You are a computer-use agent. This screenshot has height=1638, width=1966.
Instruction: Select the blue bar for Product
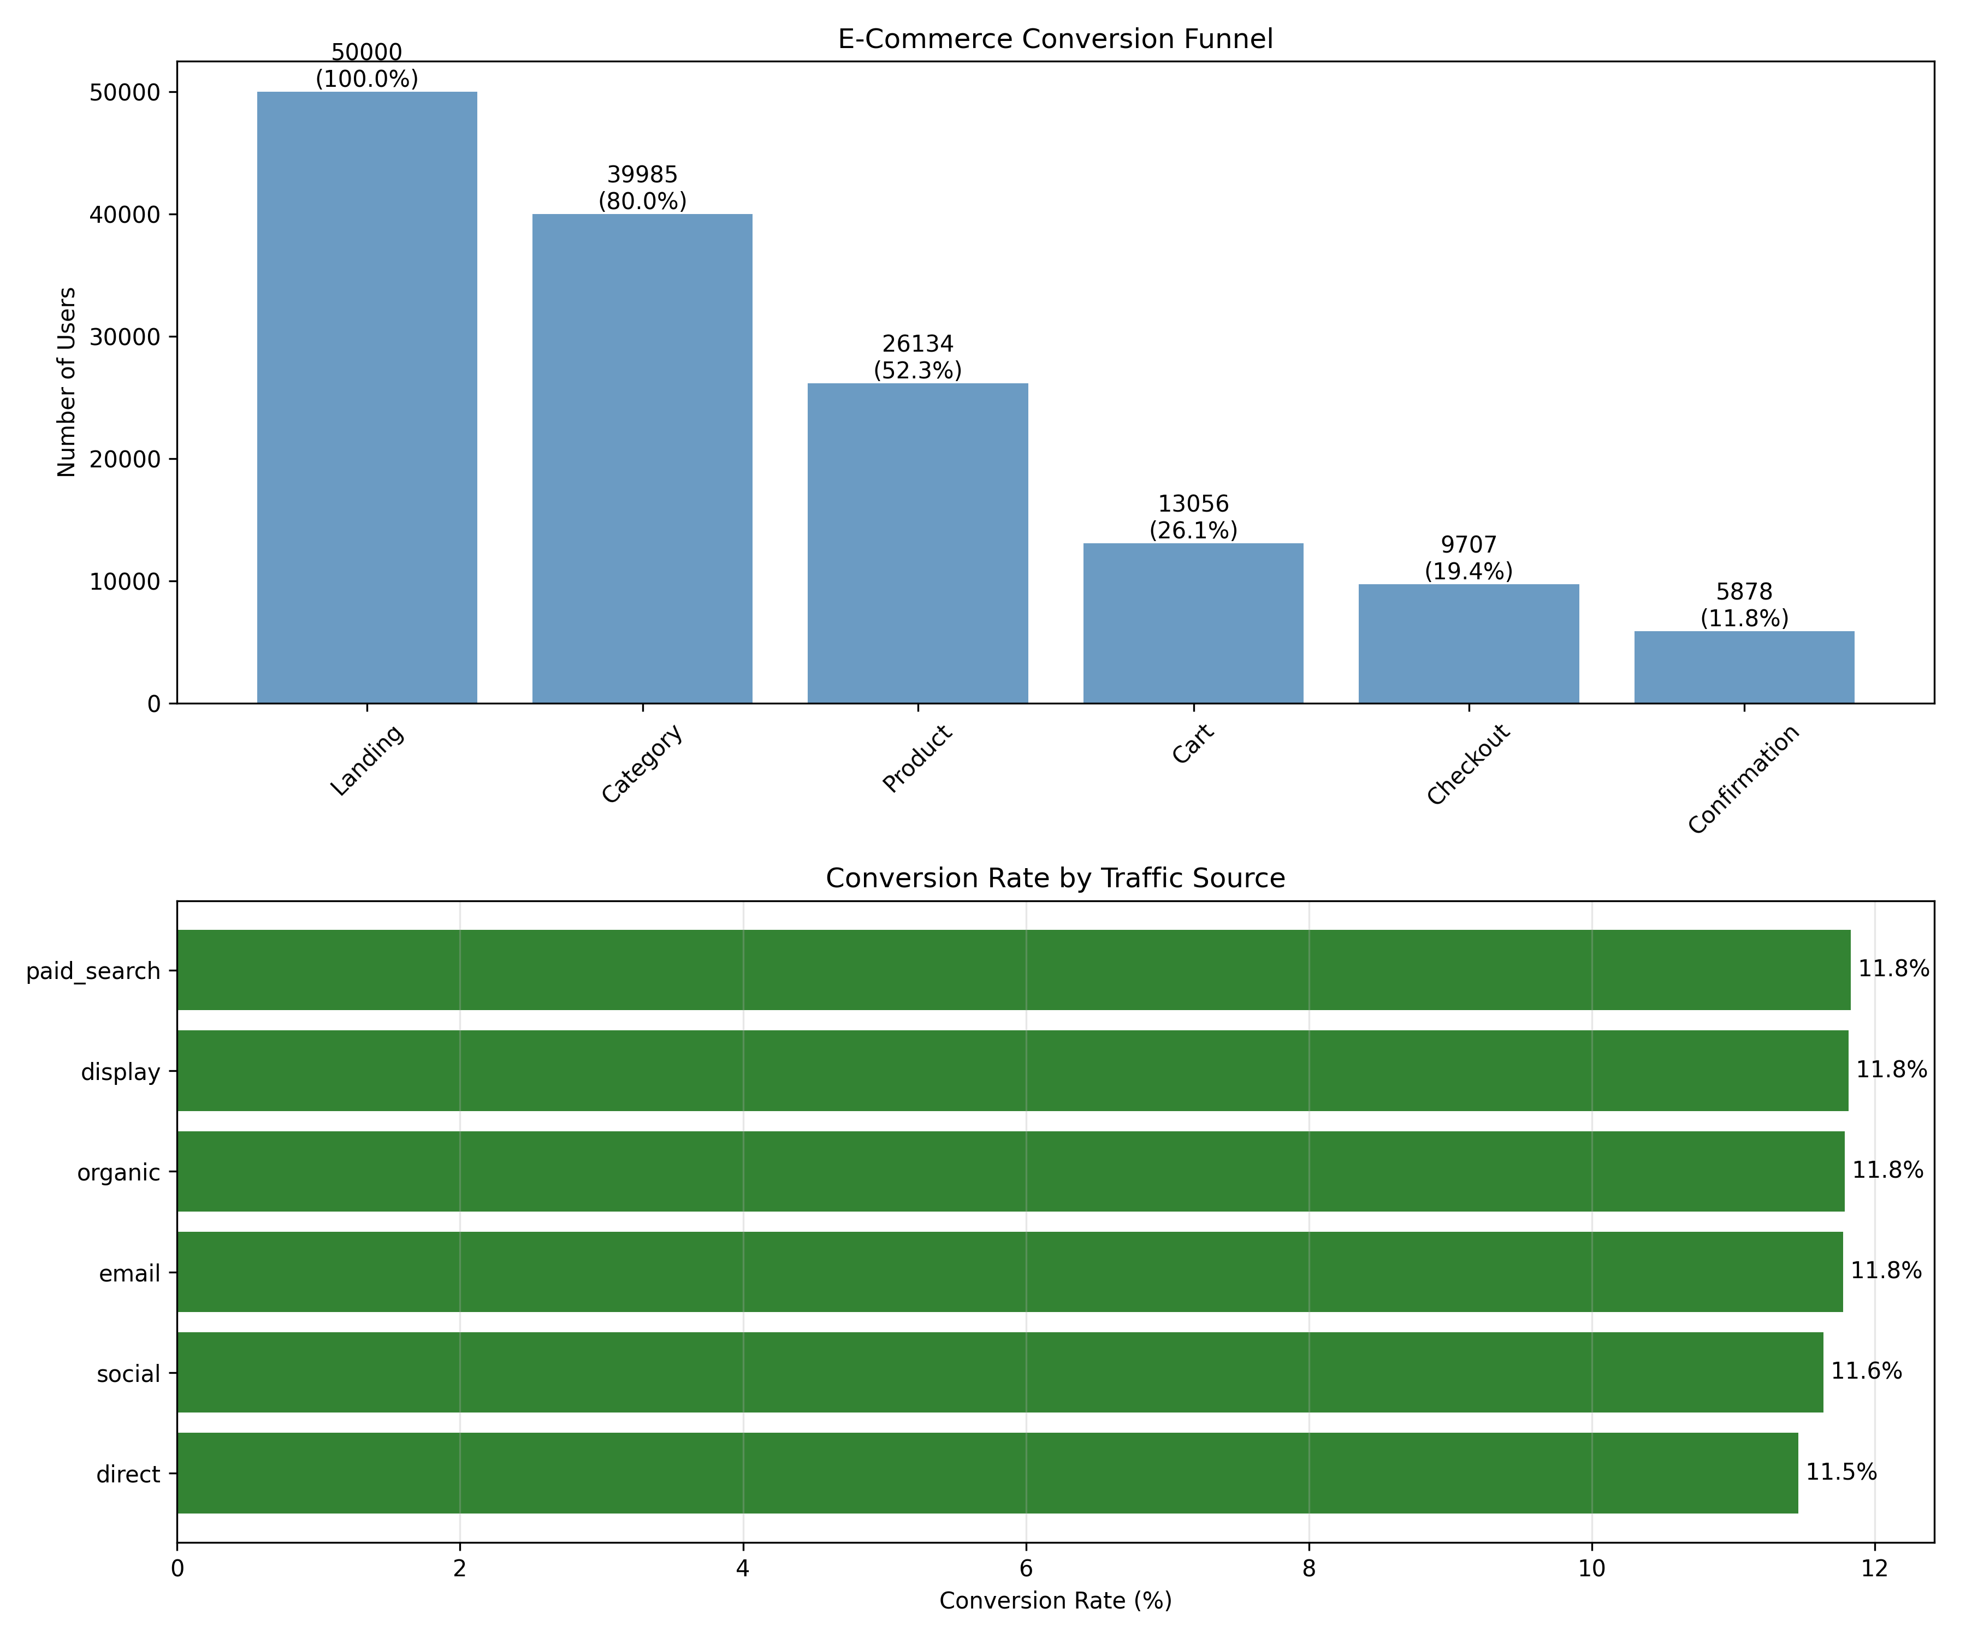point(917,543)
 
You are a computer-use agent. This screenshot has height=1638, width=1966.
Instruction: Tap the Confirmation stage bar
point(1744,667)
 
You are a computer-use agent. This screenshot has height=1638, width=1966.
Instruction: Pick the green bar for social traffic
point(1000,1372)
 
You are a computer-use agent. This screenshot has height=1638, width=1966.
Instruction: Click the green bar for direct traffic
point(988,1473)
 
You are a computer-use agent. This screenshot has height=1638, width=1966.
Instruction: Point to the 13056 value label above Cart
point(1194,506)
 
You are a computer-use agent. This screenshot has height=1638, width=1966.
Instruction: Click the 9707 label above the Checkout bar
point(1469,545)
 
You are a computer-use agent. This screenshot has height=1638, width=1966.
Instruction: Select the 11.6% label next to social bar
point(1867,1372)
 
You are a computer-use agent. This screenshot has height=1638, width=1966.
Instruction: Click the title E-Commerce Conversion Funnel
point(1055,39)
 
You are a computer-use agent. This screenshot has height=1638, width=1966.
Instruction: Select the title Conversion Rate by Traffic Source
point(1055,878)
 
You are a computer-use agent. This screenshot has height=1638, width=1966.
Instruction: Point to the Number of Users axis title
point(67,382)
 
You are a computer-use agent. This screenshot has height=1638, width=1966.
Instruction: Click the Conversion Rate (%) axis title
point(1055,1600)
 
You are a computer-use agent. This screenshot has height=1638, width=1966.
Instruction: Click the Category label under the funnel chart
point(642,764)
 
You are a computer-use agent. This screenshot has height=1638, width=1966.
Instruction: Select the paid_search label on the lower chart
point(93,971)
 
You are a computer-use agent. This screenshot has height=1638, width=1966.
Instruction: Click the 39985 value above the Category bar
point(642,175)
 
